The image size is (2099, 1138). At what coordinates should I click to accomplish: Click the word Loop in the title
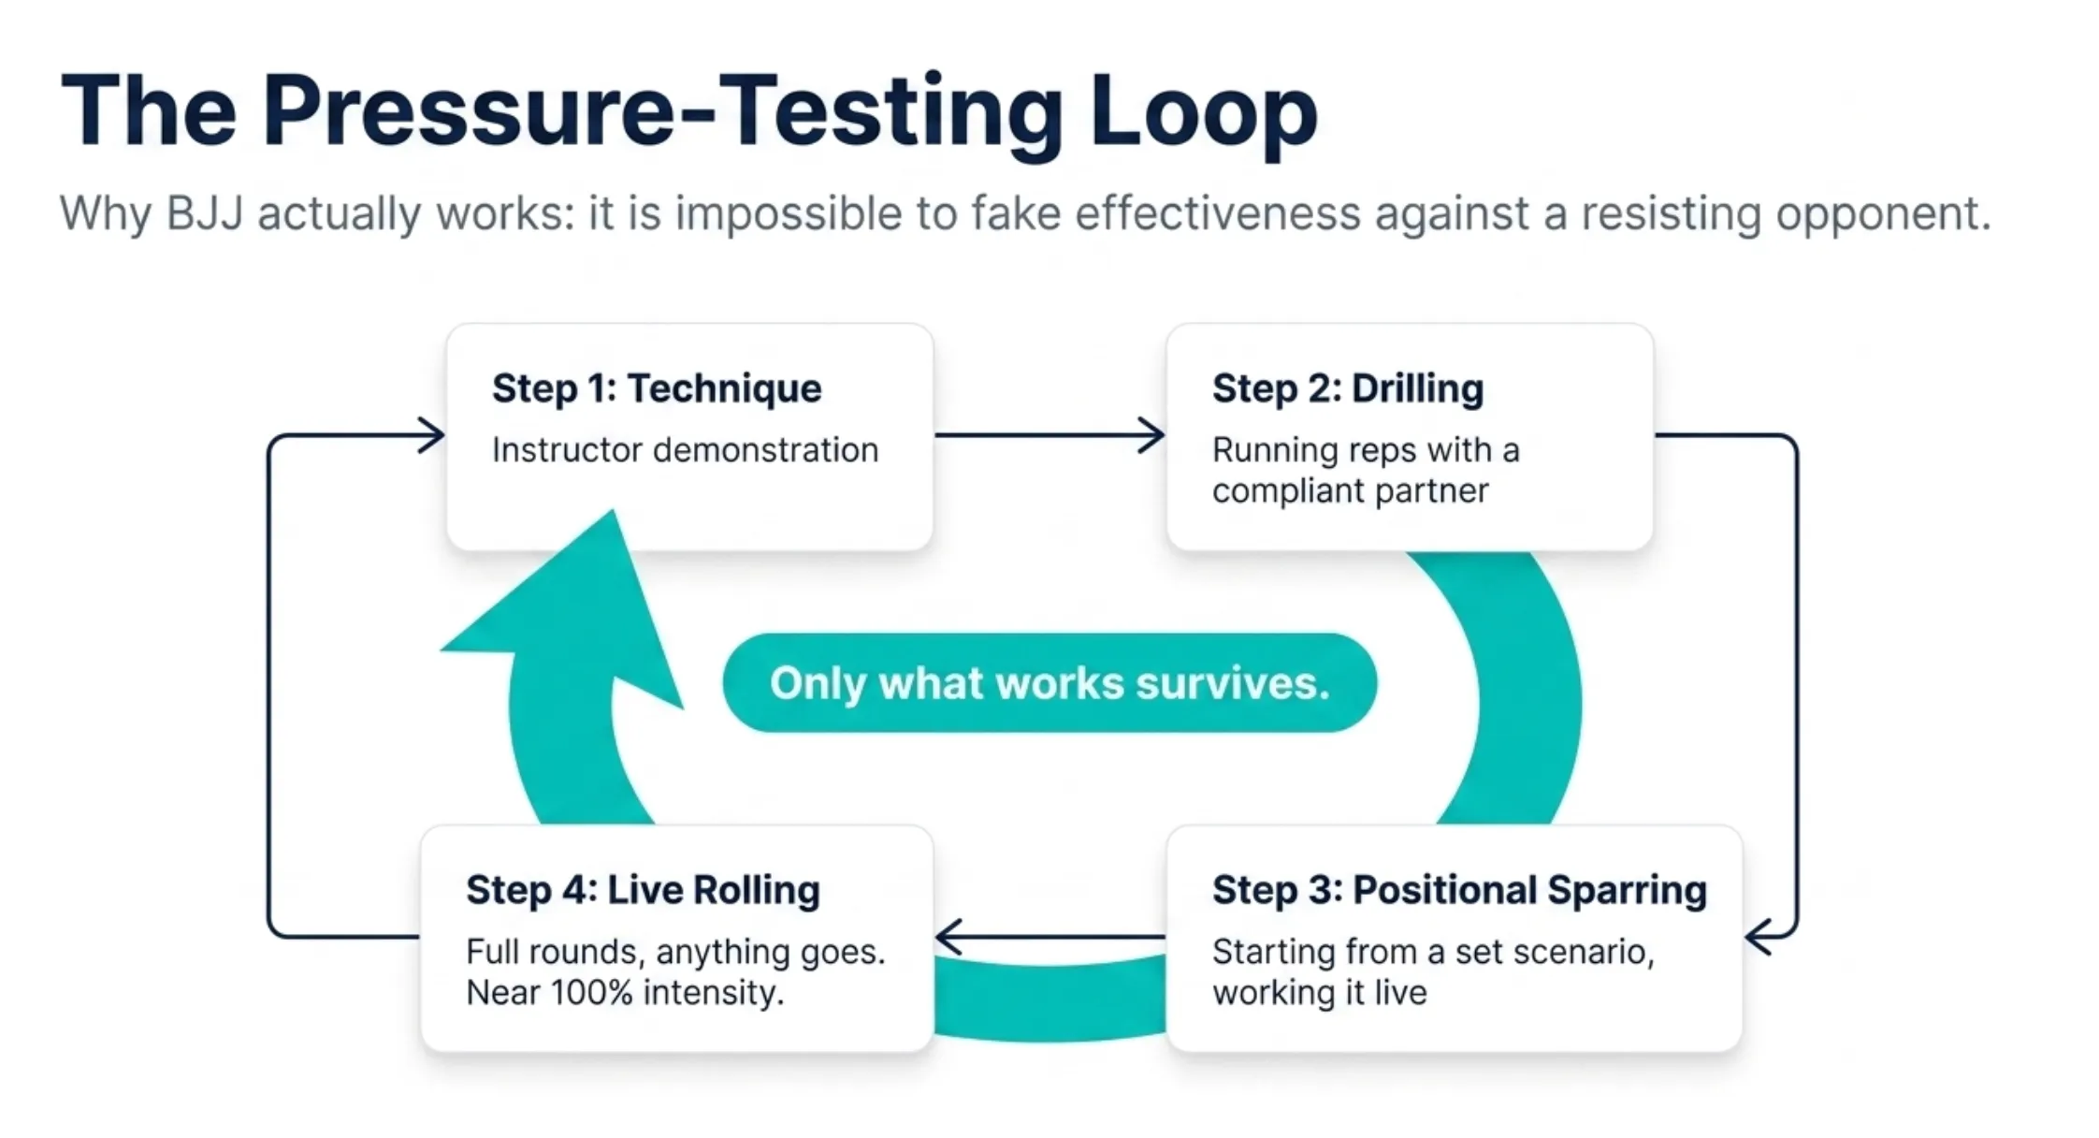pos(1204,111)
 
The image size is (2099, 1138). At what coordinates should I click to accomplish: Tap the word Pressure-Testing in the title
pos(661,111)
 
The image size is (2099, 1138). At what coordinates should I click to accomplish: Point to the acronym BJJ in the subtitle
pos(205,214)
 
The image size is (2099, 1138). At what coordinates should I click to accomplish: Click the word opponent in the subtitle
pos(1883,214)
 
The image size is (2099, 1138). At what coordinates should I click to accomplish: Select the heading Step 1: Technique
pos(657,388)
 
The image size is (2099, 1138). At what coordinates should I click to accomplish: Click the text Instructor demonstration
pos(685,450)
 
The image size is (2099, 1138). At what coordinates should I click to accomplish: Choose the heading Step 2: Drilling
pos(1348,388)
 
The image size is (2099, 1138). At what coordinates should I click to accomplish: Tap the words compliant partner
pos(1350,491)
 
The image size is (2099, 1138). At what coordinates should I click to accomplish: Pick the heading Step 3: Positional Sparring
pos(1459,890)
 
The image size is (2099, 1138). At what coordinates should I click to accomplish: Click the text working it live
pos(1320,993)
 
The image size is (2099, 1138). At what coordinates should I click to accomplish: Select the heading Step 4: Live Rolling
pos(643,890)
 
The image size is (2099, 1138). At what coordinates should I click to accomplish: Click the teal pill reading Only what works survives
pos(1049,682)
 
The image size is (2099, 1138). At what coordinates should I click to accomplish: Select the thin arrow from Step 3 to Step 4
pos(1049,936)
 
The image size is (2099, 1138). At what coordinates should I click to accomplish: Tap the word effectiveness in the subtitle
pos(1217,214)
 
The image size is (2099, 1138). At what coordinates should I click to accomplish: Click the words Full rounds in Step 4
pos(553,953)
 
